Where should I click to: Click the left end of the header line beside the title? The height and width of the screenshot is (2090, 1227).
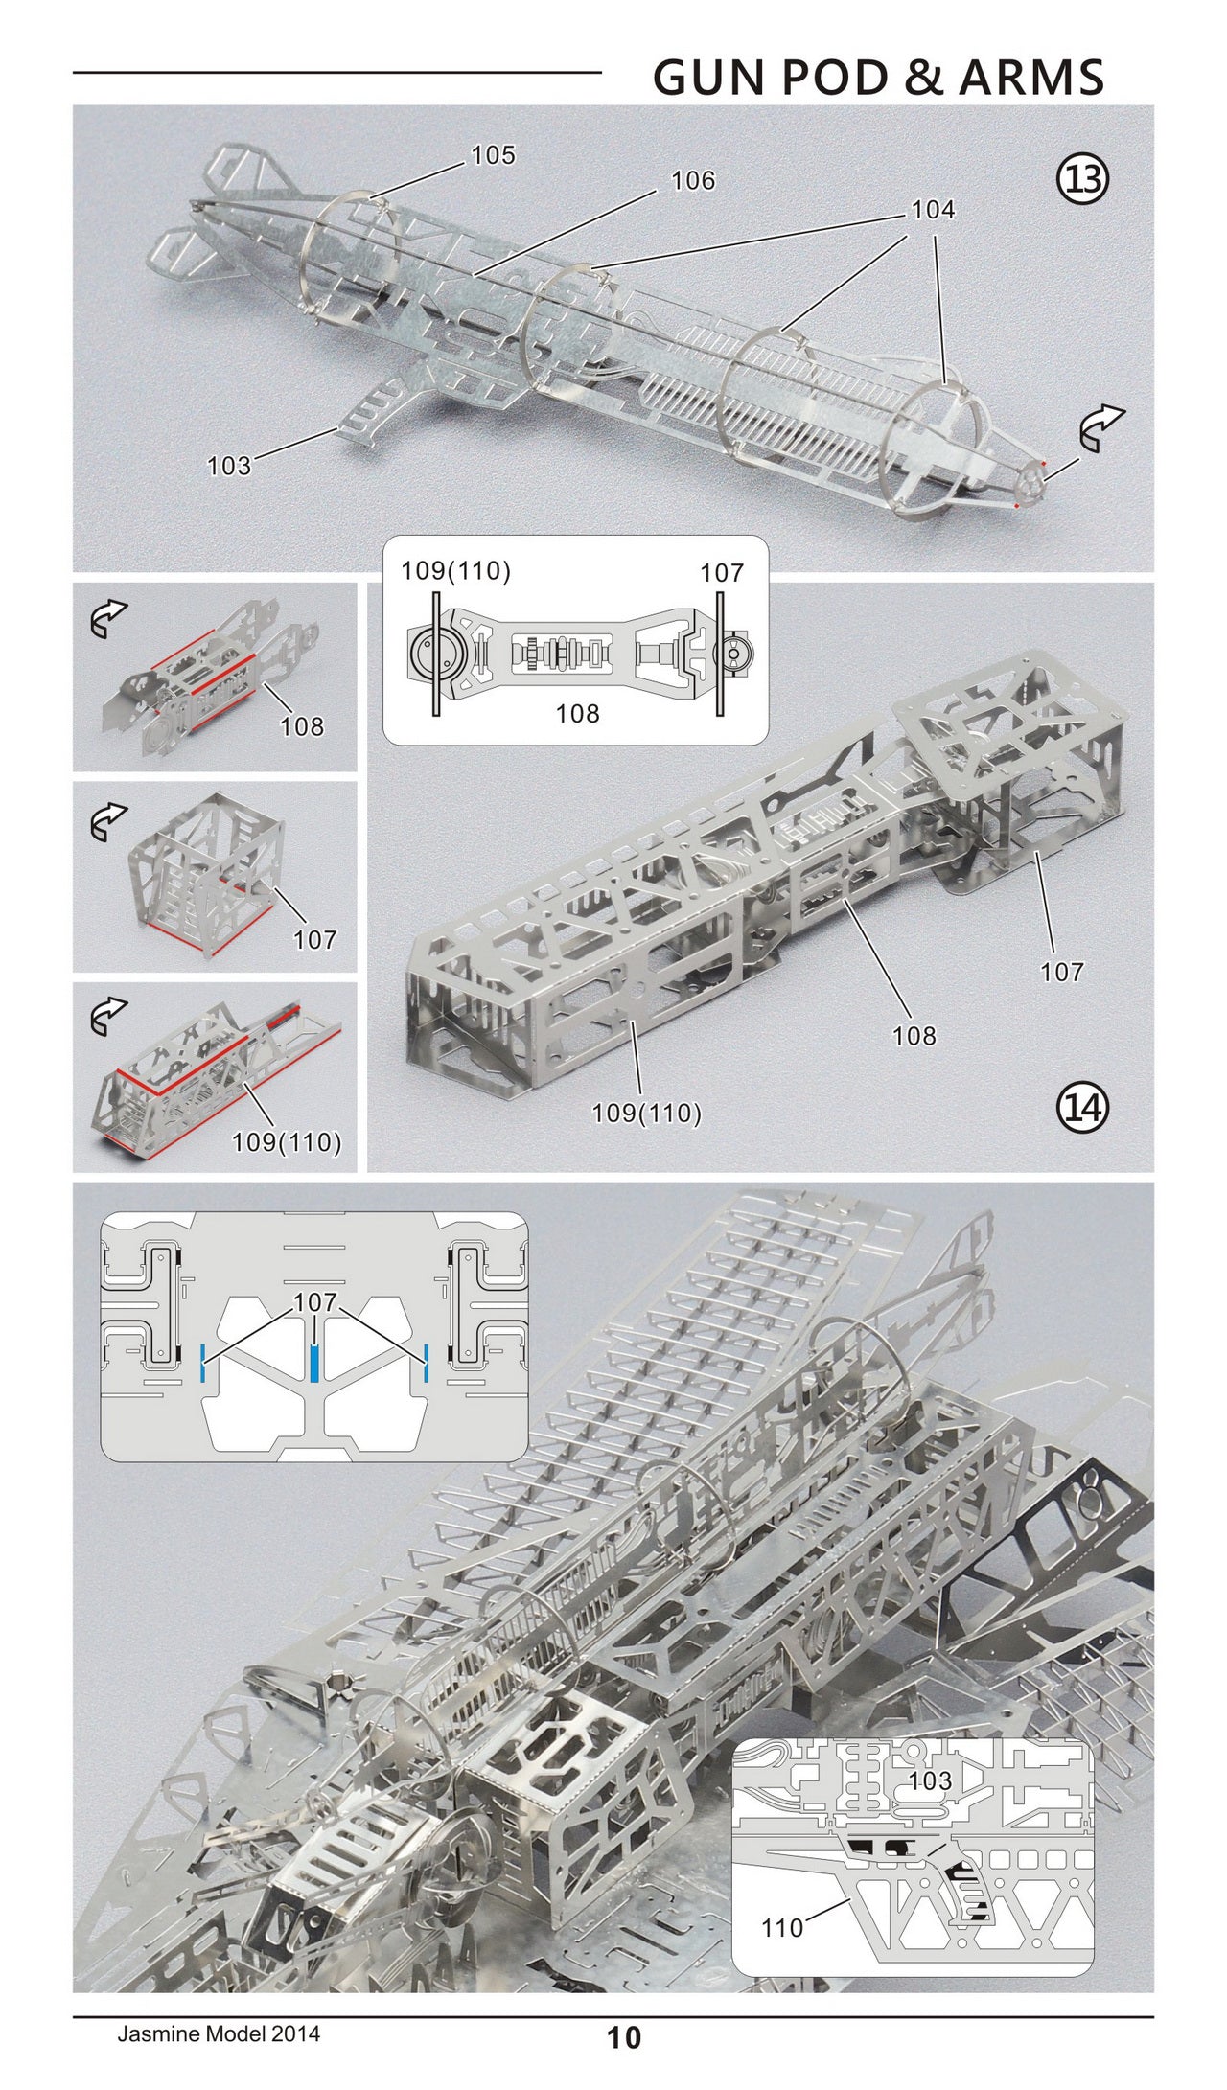click(x=74, y=72)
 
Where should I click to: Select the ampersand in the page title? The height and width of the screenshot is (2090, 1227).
click(x=922, y=77)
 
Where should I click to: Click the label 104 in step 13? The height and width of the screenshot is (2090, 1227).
click(x=933, y=209)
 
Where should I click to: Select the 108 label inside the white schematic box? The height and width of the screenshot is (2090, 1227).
click(x=577, y=712)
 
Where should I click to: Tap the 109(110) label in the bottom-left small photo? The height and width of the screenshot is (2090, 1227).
click(x=287, y=1142)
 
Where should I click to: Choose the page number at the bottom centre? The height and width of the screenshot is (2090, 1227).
click(x=624, y=2056)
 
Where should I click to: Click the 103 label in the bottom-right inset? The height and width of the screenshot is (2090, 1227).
click(x=929, y=1780)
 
